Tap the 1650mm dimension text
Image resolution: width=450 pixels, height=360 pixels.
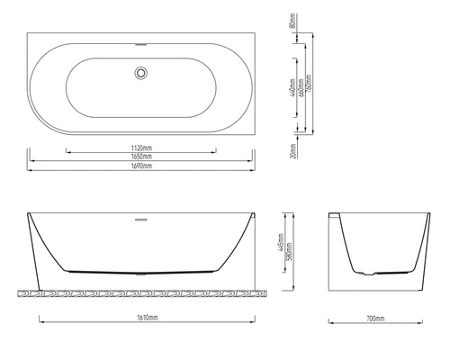pyautogui.click(x=142, y=156)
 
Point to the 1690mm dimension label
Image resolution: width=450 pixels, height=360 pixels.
pyautogui.click(x=142, y=166)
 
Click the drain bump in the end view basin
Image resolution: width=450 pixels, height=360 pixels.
pyautogui.click(x=363, y=271)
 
